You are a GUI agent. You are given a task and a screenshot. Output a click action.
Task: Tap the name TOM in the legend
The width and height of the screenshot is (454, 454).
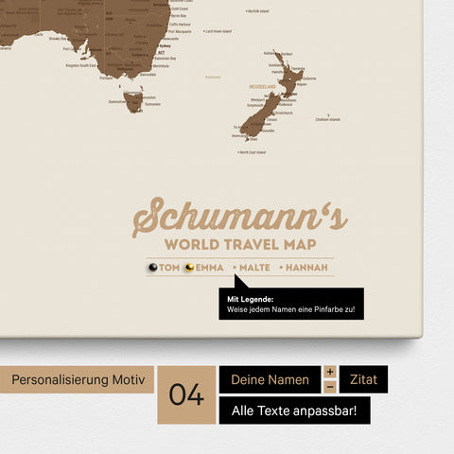click(169, 268)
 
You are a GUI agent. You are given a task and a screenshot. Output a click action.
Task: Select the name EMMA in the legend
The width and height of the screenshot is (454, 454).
click(210, 268)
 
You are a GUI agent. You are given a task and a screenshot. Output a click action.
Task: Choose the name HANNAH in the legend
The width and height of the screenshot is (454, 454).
click(306, 268)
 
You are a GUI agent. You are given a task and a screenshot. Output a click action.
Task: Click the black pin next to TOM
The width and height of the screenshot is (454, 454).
click(152, 268)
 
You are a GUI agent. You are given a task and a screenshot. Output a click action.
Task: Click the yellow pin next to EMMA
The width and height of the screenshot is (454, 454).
click(189, 268)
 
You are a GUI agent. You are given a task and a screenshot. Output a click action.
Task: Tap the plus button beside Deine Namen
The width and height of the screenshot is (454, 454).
click(330, 372)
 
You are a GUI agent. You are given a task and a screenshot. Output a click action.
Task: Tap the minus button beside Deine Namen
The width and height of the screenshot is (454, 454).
click(330, 387)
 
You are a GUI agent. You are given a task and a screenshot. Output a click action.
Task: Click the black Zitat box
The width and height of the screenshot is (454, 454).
click(363, 379)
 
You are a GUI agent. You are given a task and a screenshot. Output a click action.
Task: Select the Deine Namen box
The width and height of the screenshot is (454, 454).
click(270, 379)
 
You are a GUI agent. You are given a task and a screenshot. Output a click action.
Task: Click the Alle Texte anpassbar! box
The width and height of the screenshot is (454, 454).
click(294, 410)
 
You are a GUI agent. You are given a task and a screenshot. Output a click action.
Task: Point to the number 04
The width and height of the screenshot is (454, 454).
click(186, 394)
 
